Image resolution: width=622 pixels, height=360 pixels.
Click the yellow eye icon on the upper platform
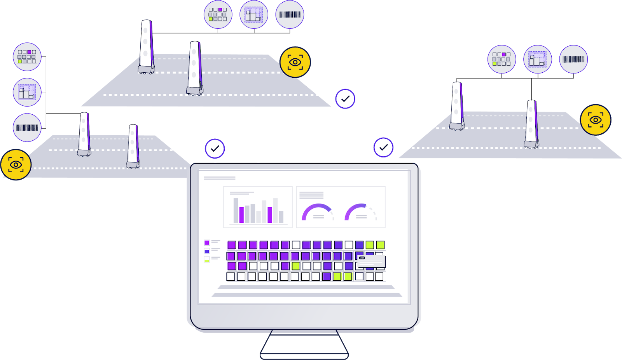(295, 62)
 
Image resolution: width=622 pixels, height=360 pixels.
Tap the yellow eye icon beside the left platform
(16, 165)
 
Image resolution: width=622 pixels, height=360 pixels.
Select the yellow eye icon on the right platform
(595, 120)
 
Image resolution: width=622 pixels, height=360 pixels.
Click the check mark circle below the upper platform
(345, 99)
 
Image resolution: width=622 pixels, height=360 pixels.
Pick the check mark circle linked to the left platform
(215, 149)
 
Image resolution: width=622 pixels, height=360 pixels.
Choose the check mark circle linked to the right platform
(383, 147)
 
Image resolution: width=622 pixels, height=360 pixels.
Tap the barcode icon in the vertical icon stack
(27, 128)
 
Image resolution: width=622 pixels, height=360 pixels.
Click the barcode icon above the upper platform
(290, 15)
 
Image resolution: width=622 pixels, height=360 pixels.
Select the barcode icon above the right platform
(573, 59)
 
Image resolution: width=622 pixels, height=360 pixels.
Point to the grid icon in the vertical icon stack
(27, 57)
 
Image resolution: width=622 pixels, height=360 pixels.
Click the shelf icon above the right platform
(538, 59)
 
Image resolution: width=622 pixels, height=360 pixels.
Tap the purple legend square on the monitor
(207, 243)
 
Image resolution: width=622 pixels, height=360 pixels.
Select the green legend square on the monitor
(207, 260)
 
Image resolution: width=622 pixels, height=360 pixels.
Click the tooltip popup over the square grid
(371, 261)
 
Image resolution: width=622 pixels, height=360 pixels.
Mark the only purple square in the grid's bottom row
(327, 276)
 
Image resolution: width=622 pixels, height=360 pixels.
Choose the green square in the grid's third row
(296, 266)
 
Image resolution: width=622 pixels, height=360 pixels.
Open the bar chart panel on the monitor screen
(258, 207)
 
